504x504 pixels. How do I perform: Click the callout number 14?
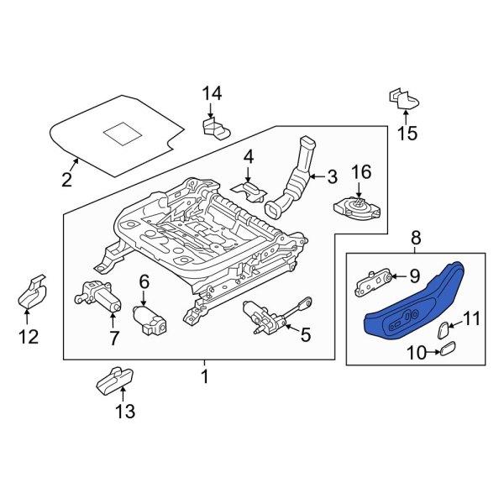tap(211, 92)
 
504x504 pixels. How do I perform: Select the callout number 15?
tap(407, 133)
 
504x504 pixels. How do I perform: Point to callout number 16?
tap(360, 172)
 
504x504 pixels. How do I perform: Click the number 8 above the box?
tap(417, 239)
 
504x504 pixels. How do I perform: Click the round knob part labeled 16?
tap(358, 205)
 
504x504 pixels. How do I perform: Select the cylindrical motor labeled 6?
tap(148, 318)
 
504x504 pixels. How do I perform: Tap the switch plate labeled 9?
tap(374, 280)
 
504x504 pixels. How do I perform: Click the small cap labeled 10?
tap(449, 349)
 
